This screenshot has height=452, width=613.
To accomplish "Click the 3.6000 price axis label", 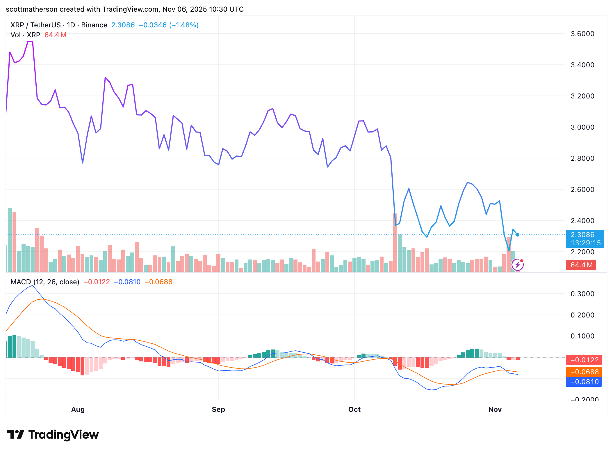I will pyautogui.click(x=582, y=34).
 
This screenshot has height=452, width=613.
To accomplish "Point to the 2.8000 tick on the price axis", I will pyautogui.click(x=582, y=158).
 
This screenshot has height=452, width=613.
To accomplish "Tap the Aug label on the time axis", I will pyautogui.click(x=78, y=409).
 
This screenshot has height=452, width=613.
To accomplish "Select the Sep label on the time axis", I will pyautogui.click(x=218, y=409).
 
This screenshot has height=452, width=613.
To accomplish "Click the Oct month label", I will pyautogui.click(x=354, y=409).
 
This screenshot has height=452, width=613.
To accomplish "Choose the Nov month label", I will pyautogui.click(x=495, y=409).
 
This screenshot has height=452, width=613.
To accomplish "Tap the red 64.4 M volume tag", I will pyautogui.click(x=581, y=265).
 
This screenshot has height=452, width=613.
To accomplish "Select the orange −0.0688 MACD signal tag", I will pyautogui.click(x=584, y=372).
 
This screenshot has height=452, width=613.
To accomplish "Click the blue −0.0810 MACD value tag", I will pyautogui.click(x=584, y=382).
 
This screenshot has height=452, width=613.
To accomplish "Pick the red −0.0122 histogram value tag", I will pyautogui.click(x=584, y=360).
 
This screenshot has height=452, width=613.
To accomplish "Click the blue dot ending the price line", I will pyautogui.click(x=518, y=235).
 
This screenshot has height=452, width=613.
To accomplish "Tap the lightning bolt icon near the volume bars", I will pyautogui.click(x=518, y=265).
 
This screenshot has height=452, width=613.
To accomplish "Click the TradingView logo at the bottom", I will pyautogui.click(x=53, y=435).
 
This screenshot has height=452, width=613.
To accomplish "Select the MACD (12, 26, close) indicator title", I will pyautogui.click(x=45, y=282).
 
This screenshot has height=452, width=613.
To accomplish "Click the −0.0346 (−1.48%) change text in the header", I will pyautogui.click(x=169, y=25).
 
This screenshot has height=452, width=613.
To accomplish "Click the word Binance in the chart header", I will pyautogui.click(x=94, y=25).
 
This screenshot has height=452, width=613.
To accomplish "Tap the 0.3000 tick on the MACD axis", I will pyautogui.click(x=582, y=294).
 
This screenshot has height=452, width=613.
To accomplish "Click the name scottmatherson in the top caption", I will pyautogui.click(x=31, y=9).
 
